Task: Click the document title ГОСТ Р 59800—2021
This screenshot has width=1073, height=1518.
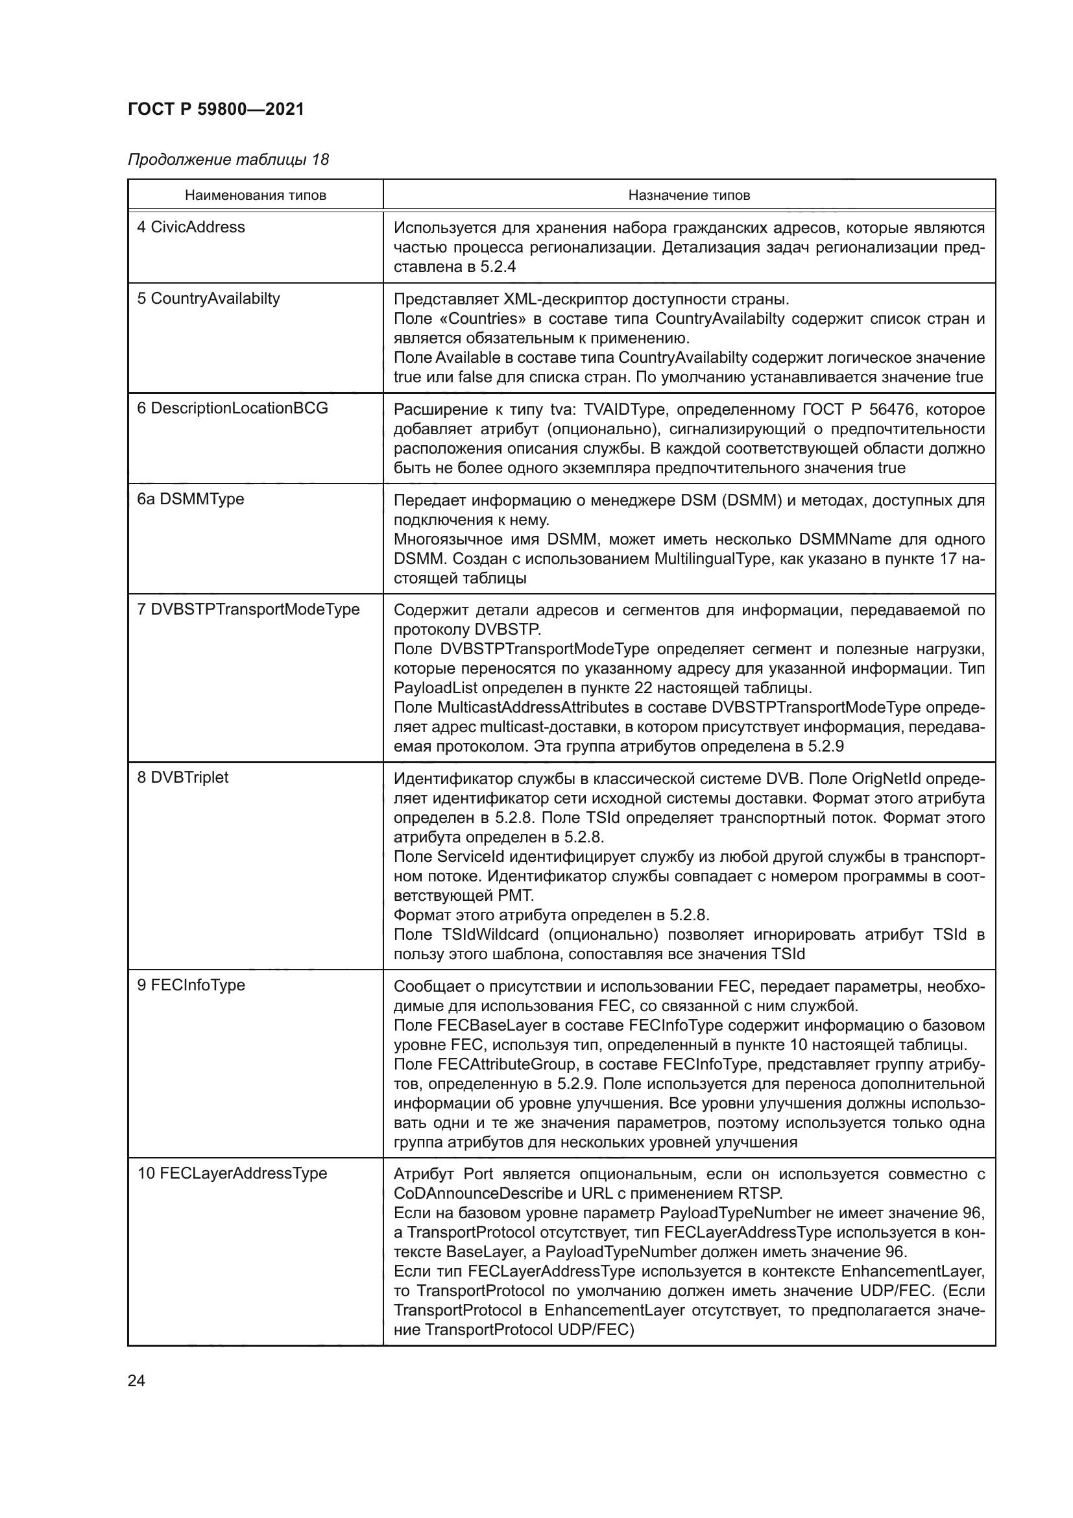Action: click(x=215, y=109)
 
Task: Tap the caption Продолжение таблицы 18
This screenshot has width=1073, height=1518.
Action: click(x=228, y=160)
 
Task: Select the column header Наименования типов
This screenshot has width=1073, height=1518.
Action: click(x=255, y=196)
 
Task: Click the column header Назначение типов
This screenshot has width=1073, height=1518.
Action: click(x=688, y=196)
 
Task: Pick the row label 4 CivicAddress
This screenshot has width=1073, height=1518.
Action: click(x=191, y=227)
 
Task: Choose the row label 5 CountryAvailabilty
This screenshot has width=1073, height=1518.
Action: click(x=208, y=299)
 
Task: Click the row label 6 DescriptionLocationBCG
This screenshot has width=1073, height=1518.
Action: click(x=233, y=409)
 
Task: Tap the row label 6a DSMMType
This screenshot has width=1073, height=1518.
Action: click(x=190, y=499)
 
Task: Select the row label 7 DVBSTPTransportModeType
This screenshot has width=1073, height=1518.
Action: click(x=248, y=609)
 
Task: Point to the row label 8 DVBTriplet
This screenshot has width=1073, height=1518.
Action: click(x=182, y=777)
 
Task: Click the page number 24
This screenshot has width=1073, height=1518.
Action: click(x=136, y=1380)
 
